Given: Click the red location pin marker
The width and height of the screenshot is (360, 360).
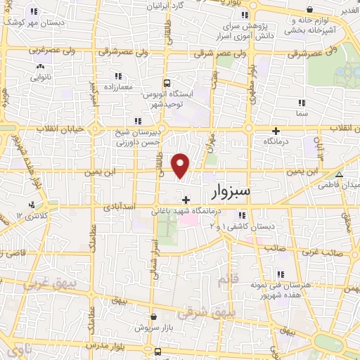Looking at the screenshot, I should click(181, 165).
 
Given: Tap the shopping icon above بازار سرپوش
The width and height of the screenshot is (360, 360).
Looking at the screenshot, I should click(153, 317).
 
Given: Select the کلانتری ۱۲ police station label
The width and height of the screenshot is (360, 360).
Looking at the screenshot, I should click(30, 214).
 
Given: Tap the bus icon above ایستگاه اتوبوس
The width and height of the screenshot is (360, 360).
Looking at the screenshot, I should click(166, 82).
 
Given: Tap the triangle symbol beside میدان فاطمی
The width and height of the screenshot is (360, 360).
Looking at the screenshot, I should click(340, 175).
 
